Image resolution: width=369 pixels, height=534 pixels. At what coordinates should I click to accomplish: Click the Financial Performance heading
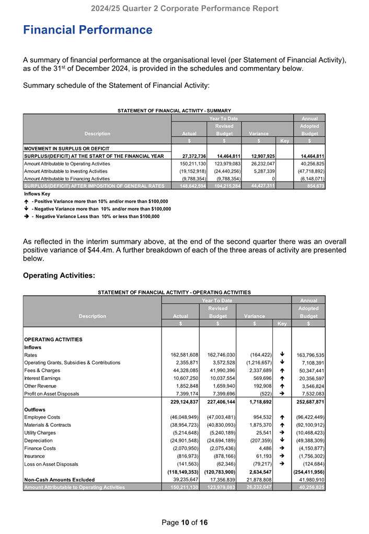(88, 30)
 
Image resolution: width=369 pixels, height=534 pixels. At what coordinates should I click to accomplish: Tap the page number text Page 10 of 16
(184, 522)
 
